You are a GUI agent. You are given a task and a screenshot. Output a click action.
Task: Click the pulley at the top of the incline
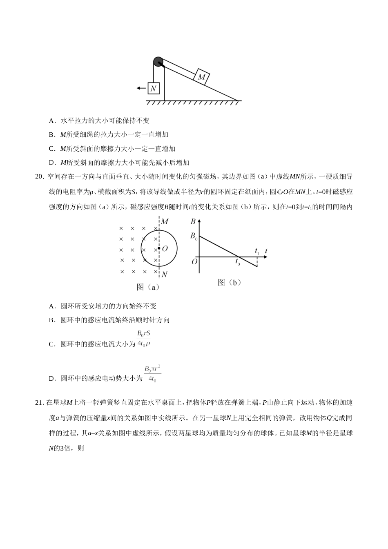[x=158, y=62]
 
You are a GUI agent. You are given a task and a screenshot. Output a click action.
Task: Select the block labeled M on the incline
[x=201, y=76]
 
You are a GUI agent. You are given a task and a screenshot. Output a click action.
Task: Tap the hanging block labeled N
[x=154, y=88]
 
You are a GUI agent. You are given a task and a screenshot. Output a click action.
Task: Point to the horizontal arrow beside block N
[x=141, y=88]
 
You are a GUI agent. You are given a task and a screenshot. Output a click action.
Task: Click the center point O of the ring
[x=159, y=248]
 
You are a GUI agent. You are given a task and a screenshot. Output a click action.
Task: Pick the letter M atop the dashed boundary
[x=165, y=222]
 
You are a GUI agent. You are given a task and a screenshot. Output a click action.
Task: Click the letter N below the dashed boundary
[x=164, y=274]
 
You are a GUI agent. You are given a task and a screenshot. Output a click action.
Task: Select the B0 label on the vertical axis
[x=194, y=236]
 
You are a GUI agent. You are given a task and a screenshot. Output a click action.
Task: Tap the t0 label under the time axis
[x=238, y=263]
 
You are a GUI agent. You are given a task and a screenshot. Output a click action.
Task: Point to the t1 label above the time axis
[x=257, y=251]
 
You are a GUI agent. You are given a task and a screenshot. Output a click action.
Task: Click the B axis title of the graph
[x=193, y=222]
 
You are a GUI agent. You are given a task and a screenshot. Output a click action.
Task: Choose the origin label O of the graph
[x=194, y=261]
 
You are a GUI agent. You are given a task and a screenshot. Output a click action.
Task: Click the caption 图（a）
[x=148, y=287]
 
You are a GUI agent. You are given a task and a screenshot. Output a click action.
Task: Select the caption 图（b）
[x=230, y=282]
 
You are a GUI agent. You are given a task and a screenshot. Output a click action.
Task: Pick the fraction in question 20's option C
[x=144, y=339]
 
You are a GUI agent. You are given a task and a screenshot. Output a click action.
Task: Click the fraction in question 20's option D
[x=152, y=374]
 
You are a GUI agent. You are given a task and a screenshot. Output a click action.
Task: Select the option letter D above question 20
[x=52, y=163]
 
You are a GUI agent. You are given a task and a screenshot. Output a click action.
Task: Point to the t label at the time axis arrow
[x=266, y=250]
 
